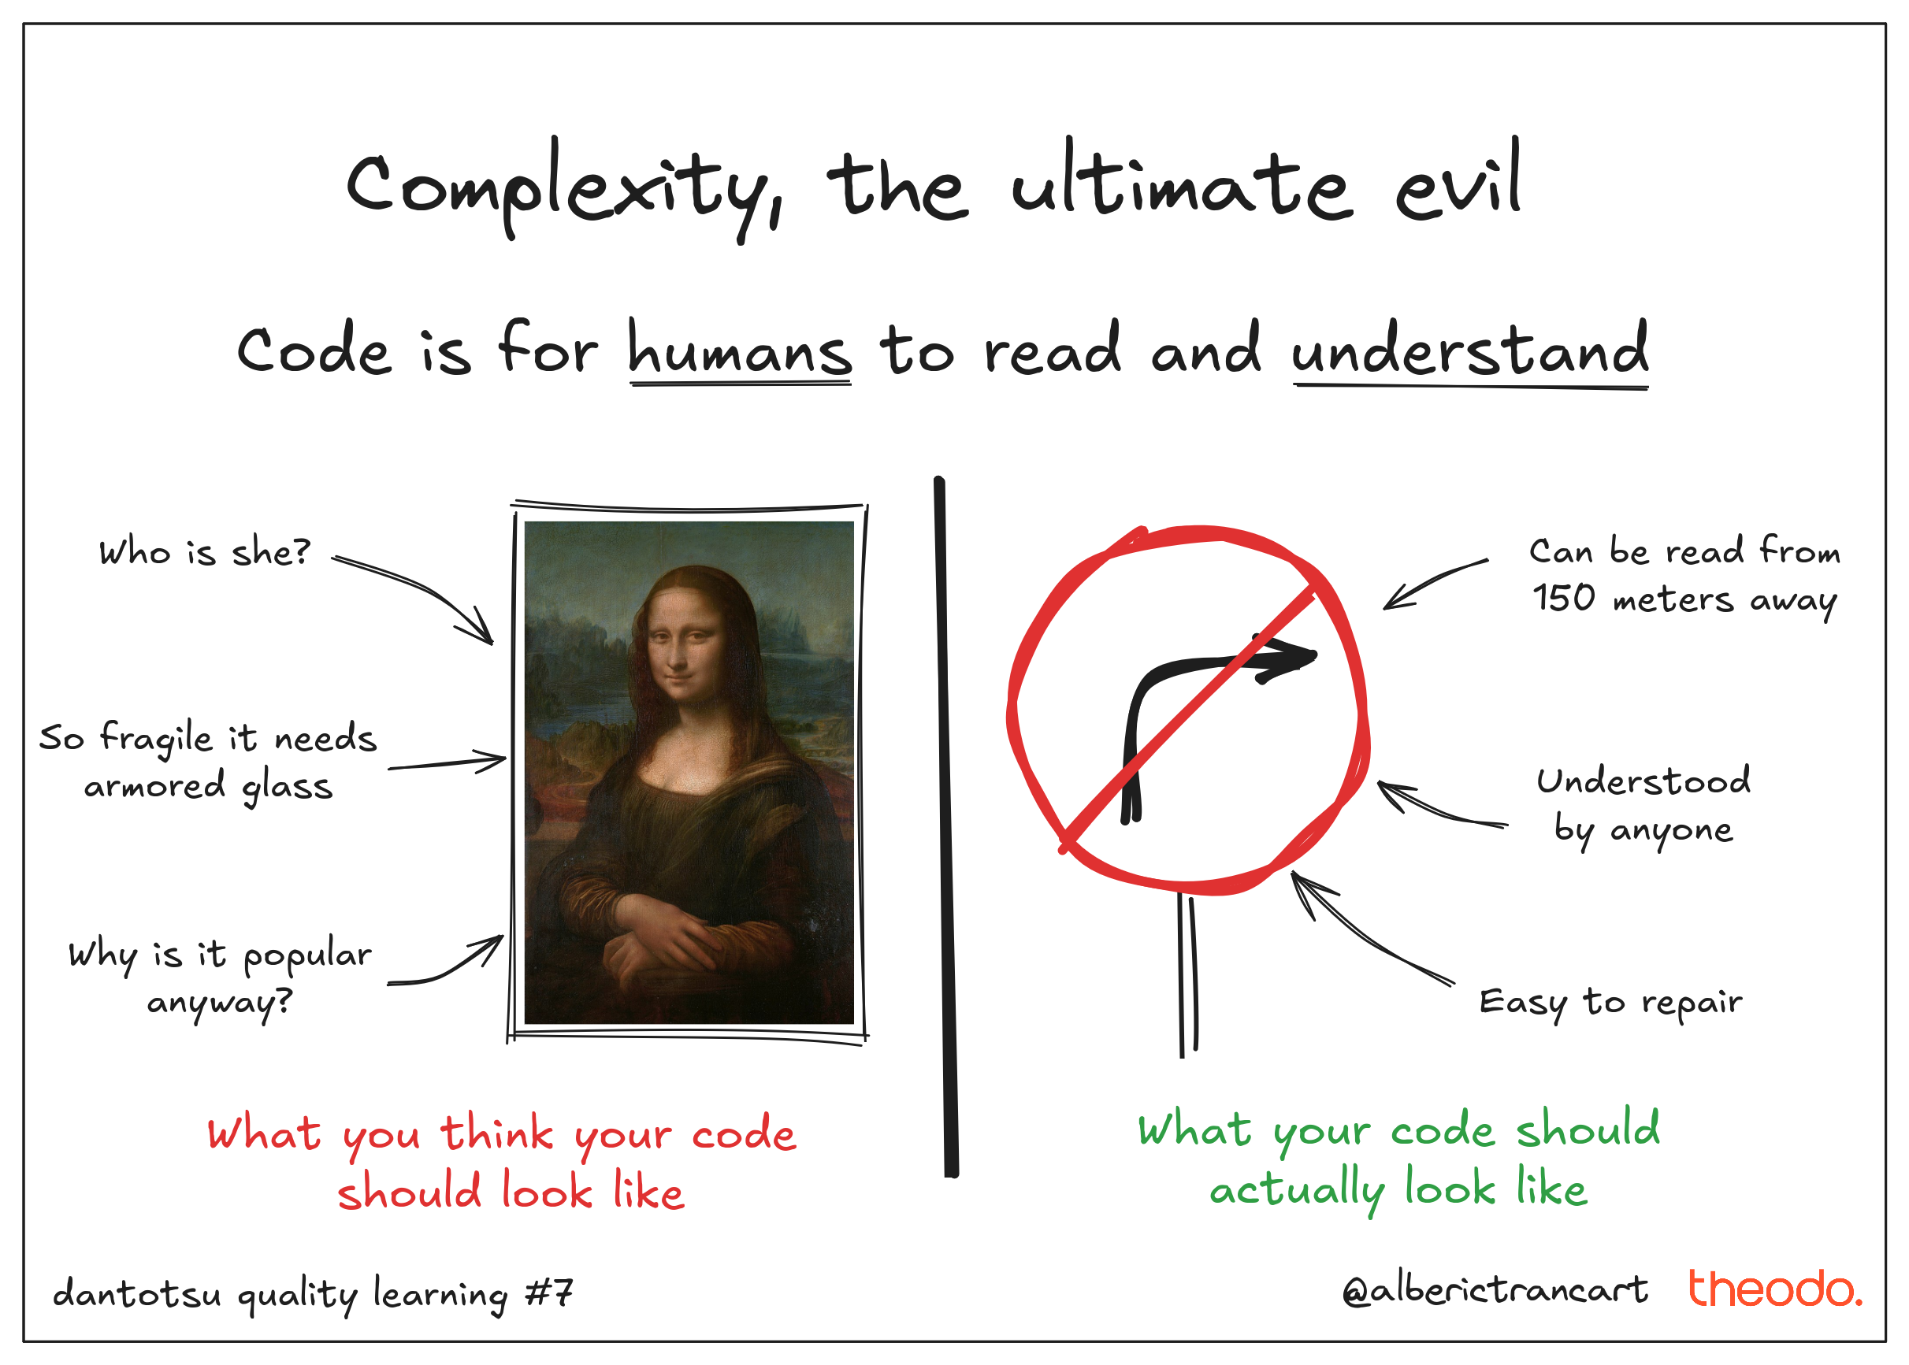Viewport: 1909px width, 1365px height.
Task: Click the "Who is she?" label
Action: pyautogui.click(x=204, y=552)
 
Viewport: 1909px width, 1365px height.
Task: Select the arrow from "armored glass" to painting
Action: pyautogui.click(x=448, y=762)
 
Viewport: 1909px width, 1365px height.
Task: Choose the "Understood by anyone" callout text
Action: pyautogui.click(x=1643, y=806)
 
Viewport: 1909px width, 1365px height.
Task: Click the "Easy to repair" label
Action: pyautogui.click(x=1610, y=1003)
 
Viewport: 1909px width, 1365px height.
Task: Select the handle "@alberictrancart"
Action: pyautogui.click(x=1495, y=1291)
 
